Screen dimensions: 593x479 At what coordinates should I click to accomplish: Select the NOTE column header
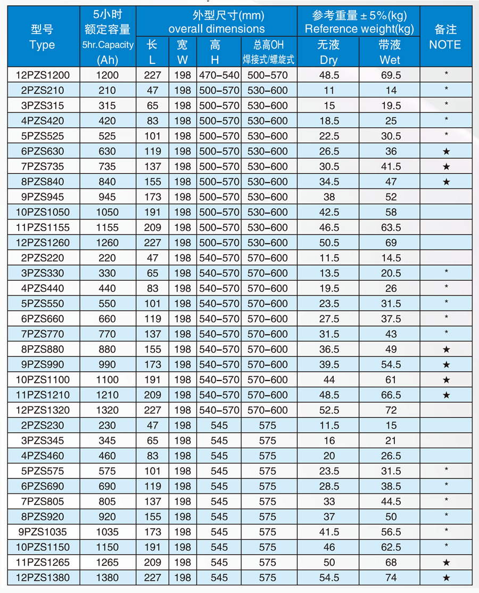pos(445,45)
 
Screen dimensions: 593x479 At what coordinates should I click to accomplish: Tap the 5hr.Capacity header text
pos(108,45)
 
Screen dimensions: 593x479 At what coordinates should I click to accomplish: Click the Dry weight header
pos(329,60)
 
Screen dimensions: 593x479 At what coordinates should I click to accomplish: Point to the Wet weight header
pos(390,60)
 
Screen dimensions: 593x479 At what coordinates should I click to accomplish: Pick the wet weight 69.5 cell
pos(391,75)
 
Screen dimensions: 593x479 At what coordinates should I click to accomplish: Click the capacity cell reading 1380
pos(108,578)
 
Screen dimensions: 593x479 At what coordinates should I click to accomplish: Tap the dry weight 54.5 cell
pos(329,578)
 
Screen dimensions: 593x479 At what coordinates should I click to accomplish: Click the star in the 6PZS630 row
pos(446,151)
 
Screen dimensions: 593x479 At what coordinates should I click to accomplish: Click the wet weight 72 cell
pos(391,410)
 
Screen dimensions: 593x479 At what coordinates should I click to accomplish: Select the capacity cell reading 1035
pos(108,532)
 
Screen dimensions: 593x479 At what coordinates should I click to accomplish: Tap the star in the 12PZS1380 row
pos(446,578)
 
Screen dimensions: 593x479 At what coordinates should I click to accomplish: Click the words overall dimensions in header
pos(217,29)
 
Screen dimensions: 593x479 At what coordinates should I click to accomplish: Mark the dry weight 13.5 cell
pos(329,273)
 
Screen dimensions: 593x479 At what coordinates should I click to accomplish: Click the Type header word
pos(43,45)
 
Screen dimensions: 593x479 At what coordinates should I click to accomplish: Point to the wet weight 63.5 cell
pos(391,228)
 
